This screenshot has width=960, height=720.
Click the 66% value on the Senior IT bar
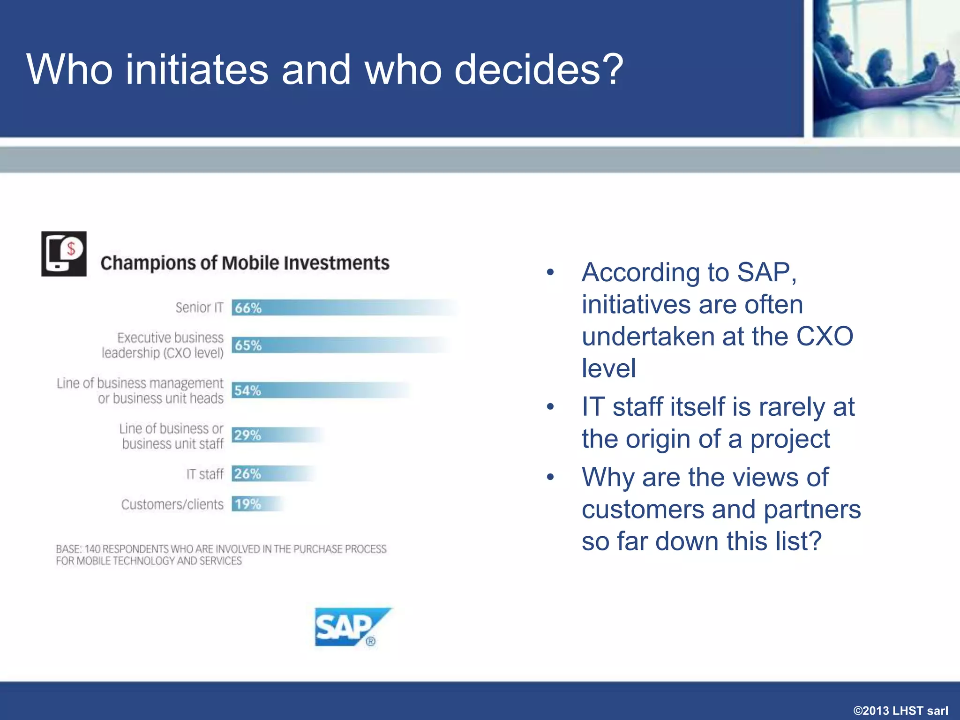[248, 308]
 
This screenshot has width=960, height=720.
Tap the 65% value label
[248, 345]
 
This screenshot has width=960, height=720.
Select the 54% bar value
[247, 390]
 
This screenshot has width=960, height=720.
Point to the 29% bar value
[247, 435]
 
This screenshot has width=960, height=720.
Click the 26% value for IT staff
[247, 474]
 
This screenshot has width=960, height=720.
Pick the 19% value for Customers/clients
[247, 504]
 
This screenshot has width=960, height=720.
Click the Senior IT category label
[199, 307]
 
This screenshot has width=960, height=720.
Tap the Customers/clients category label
[172, 504]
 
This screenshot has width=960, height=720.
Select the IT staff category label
[205, 474]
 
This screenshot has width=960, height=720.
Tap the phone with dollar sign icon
[64, 254]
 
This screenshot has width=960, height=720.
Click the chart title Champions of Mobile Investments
[245, 263]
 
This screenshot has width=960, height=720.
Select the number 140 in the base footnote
[92, 549]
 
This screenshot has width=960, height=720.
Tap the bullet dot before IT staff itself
[550, 407]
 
